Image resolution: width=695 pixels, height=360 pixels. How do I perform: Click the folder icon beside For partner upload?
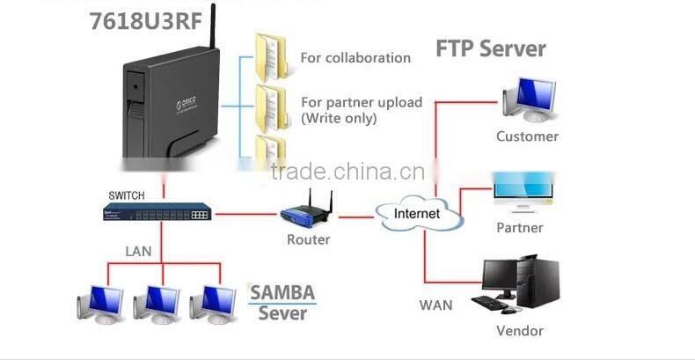pos(269,105)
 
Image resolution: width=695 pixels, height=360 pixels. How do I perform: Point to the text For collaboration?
pos(355,58)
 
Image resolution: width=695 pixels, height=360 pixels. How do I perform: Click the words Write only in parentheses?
pos(340,117)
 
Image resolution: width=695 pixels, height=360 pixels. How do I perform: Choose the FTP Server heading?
pos(491,48)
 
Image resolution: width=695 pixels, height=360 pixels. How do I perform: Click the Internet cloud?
pos(417,214)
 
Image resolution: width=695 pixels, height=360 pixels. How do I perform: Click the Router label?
pos(309,239)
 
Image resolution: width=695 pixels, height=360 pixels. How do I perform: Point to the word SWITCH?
pos(126,195)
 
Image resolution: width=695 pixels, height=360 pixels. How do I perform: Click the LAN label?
pos(138,252)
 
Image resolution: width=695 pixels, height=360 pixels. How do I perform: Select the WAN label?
pos(435,305)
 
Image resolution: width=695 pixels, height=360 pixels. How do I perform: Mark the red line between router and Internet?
pos(355,216)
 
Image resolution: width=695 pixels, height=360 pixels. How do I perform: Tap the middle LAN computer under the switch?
pos(156,303)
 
